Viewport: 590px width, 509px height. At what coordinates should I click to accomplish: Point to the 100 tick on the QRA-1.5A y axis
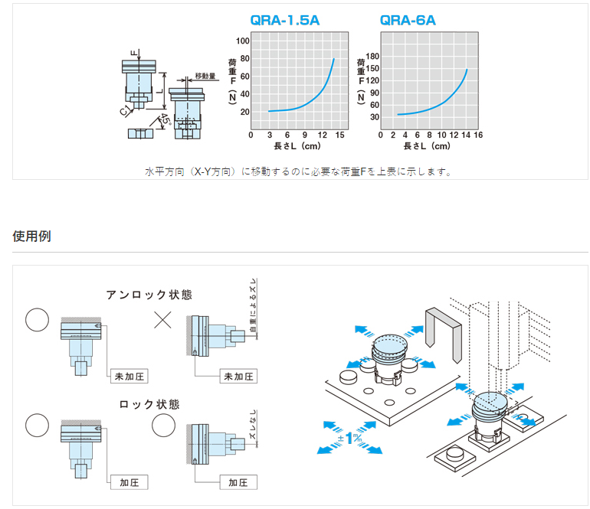244,41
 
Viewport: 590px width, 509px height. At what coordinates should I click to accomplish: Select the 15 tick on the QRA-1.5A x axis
339,135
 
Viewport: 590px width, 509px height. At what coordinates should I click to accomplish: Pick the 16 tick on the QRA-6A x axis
478,135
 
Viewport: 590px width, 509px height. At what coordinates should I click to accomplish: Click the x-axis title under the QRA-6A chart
427,145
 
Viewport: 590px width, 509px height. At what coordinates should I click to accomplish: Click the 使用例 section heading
32,236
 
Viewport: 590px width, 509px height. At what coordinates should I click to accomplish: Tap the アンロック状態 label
149,294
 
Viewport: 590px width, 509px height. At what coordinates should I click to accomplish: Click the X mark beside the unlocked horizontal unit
163,319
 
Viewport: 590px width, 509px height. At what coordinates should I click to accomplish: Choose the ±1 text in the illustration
350,439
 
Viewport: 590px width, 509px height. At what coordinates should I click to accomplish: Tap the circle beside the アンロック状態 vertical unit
37,319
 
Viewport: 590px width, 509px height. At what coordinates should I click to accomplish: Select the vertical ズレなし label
252,436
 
